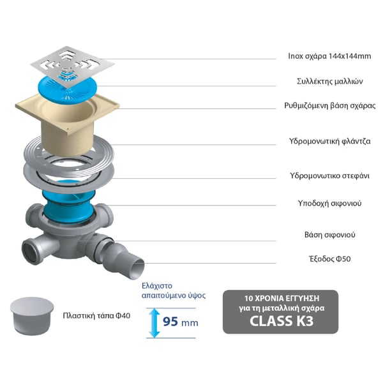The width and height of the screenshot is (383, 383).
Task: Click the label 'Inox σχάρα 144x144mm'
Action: [x=329, y=56]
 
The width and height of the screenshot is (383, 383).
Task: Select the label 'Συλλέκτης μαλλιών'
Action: [x=330, y=81]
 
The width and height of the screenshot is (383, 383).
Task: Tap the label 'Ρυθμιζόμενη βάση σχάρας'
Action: [x=330, y=105]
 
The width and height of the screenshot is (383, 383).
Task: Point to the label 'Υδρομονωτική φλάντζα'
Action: [x=330, y=141]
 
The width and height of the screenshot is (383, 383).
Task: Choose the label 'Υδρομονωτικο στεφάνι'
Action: [x=329, y=176]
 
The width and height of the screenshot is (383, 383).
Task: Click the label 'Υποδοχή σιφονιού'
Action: [x=329, y=203]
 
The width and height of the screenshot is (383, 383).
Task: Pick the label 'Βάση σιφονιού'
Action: [x=330, y=235]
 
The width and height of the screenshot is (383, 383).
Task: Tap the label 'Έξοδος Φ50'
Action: [x=330, y=259]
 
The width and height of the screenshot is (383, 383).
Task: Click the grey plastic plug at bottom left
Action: [x=32, y=315]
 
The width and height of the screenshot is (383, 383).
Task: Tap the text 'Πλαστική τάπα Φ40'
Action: [x=96, y=315]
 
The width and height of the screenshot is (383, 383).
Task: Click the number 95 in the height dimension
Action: [x=170, y=322]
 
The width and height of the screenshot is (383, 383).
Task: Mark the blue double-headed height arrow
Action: [x=154, y=323]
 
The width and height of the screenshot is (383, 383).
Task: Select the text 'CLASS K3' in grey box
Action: [x=282, y=320]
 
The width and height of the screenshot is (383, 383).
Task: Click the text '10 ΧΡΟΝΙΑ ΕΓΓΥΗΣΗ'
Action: [x=282, y=298]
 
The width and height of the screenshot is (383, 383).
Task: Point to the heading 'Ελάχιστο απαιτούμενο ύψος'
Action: [x=174, y=290]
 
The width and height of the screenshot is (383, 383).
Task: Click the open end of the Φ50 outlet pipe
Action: [x=136, y=269]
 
